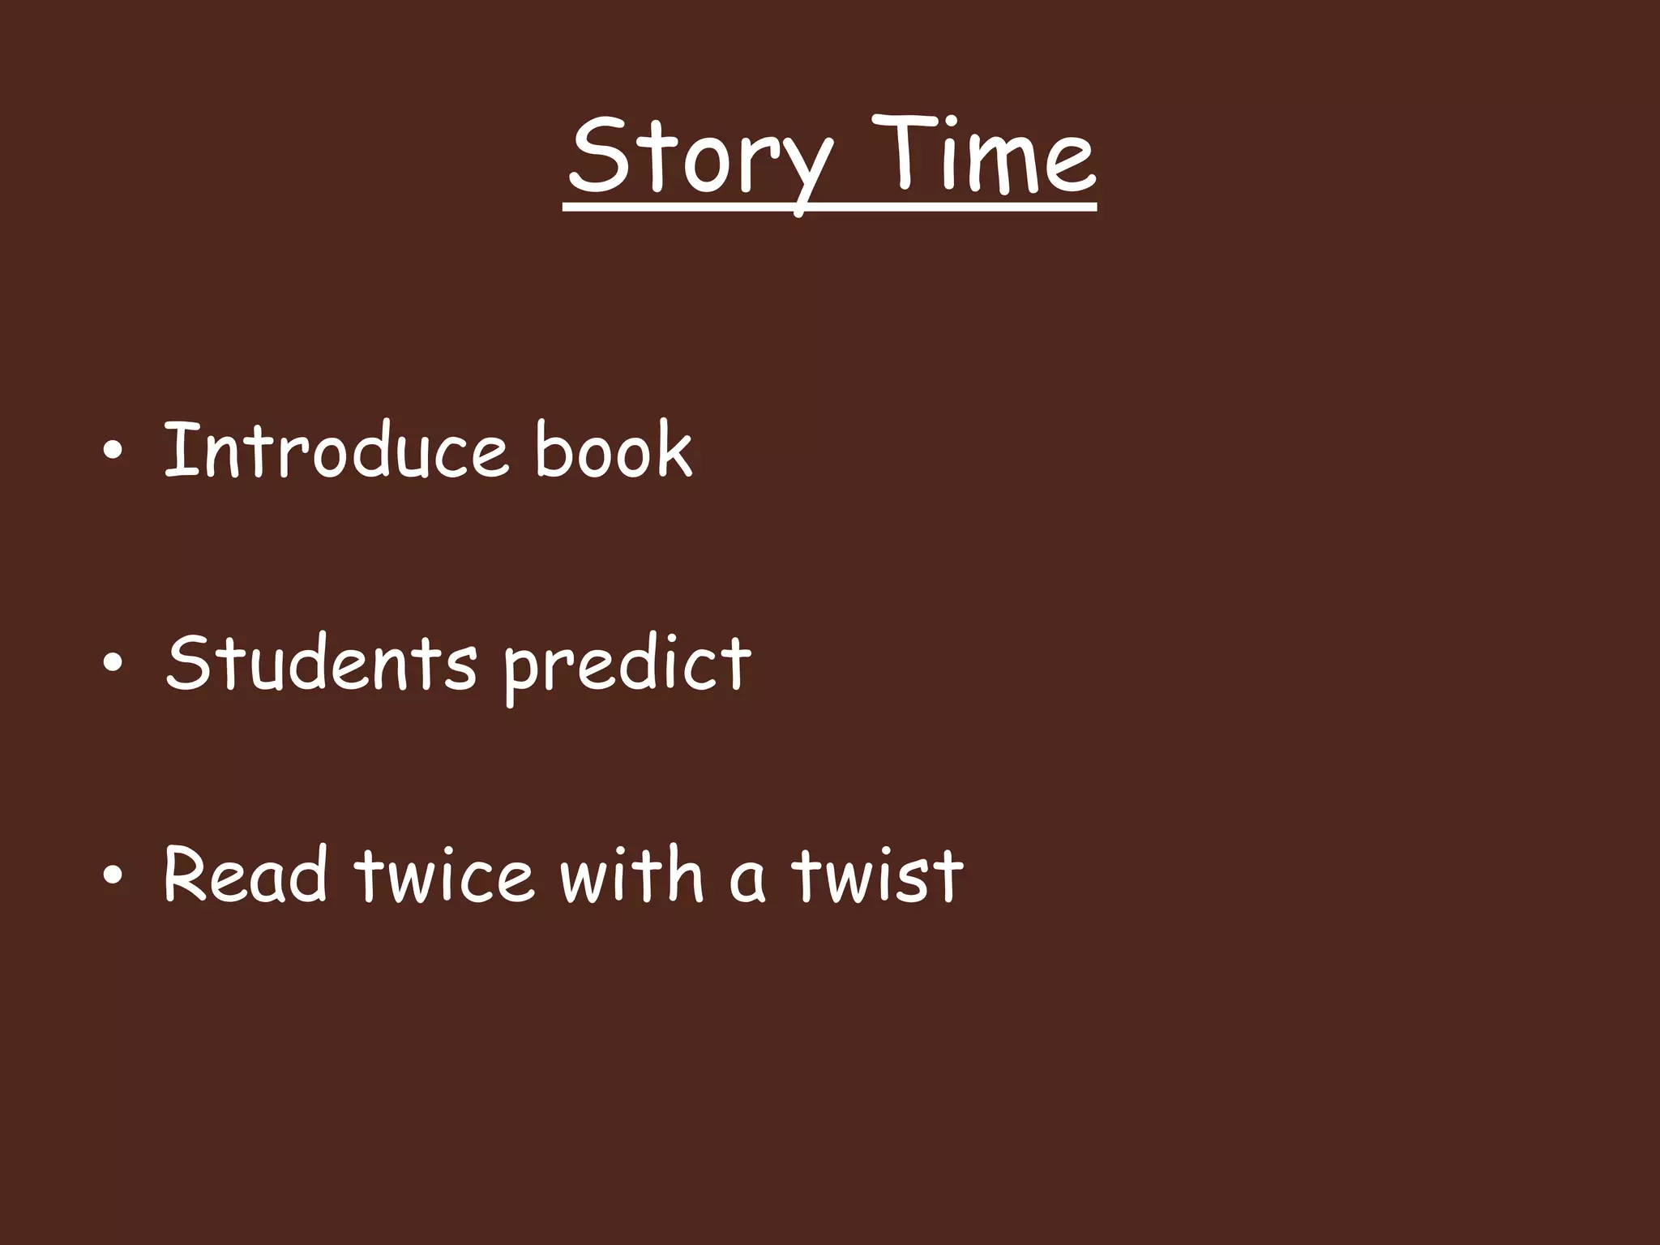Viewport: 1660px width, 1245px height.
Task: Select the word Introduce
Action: (x=336, y=451)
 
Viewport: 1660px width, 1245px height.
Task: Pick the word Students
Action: (x=321, y=663)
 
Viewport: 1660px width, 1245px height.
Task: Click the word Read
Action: (x=245, y=875)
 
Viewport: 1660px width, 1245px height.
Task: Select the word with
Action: (x=631, y=875)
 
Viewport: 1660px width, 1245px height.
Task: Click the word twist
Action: (x=877, y=875)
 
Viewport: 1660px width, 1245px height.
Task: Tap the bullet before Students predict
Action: (x=113, y=665)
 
